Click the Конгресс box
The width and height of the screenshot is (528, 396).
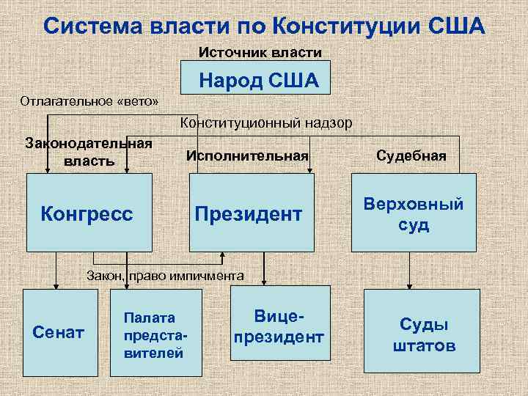[89, 213]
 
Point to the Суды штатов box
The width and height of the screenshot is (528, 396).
[422, 334]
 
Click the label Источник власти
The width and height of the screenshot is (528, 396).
[260, 53]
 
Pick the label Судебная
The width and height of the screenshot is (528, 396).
[411, 155]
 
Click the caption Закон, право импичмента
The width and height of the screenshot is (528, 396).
[164, 276]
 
